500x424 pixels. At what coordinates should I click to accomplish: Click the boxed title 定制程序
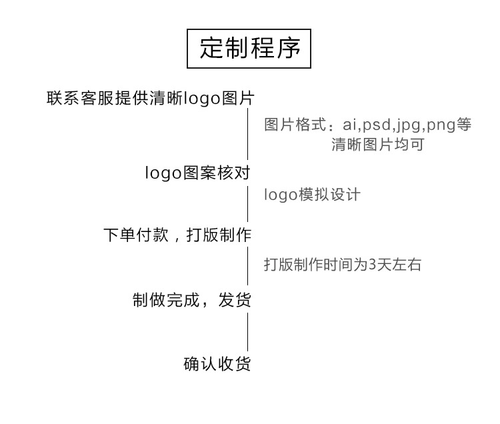pyautogui.click(x=250, y=48)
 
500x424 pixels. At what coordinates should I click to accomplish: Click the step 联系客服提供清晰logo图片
pyautogui.click(x=151, y=99)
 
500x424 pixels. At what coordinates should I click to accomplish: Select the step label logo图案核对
pyautogui.click(x=197, y=173)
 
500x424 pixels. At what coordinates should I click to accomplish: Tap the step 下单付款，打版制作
pyautogui.click(x=177, y=235)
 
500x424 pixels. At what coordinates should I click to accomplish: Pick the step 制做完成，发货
pyautogui.click(x=192, y=300)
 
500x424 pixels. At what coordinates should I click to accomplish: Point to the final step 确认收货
pyautogui.click(x=217, y=364)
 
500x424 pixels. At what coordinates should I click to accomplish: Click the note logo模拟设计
pyautogui.click(x=312, y=195)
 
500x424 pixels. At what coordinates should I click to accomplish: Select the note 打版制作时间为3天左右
pyautogui.click(x=343, y=265)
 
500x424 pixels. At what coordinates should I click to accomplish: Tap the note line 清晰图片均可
pyautogui.click(x=377, y=144)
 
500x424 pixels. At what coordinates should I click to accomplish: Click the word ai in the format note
pyautogui.click(x=350, y=125)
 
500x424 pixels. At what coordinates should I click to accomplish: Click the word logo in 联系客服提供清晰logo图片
pyautogui.click(x=204, y=99)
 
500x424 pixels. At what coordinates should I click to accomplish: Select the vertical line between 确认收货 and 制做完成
pyautogui.click(x=249, y=331)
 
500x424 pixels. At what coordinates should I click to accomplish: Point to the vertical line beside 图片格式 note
pyautogui.click(x=249, y=135)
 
